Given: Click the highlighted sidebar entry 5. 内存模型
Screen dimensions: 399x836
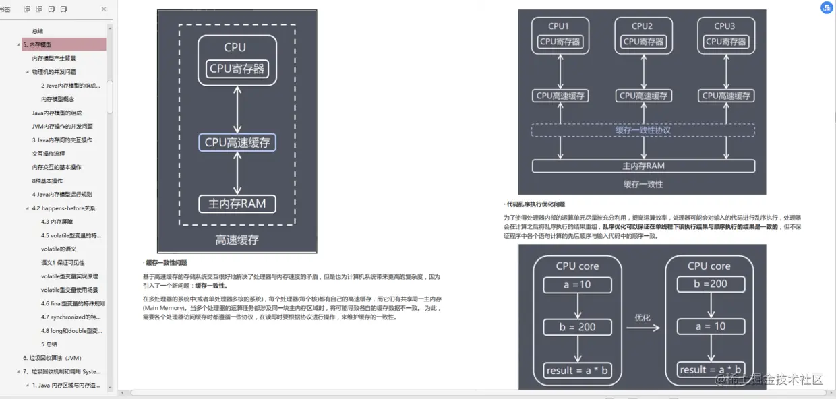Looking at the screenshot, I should click(38, 44).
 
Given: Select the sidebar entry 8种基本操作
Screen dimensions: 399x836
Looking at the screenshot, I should click(47, 181).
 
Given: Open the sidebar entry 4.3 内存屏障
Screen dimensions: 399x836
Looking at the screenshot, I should click(57, 222).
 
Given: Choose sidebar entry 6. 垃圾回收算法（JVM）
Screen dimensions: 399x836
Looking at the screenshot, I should click(52, 358).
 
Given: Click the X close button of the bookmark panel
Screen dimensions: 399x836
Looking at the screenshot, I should click(103, 9).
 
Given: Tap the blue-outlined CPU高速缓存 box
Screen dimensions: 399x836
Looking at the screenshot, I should click(237, 142).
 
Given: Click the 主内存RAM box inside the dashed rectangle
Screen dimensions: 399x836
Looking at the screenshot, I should click(237, 204).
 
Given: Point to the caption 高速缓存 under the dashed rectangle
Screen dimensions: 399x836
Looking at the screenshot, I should click(237, 239).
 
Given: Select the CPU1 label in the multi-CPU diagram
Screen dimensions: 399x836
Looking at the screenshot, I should click(559, 26).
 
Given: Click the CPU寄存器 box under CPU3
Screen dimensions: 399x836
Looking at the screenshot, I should click(725, 42).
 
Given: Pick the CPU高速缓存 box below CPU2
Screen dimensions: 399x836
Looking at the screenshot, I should click(643, 96).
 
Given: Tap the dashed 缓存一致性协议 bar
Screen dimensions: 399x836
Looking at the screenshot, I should click(643, 130).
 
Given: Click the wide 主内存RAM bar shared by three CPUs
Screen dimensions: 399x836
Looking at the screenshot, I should click(643, 166).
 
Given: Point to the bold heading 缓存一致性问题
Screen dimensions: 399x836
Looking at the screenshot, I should click(167, 263).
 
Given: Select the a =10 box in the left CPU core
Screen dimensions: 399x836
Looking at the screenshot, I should click(578, 284).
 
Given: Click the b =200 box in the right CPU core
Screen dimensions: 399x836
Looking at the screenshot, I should click(710, 284).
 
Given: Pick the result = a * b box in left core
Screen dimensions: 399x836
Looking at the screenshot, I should click(578, 371).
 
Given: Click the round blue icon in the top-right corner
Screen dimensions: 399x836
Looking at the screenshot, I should click(826, 8).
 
